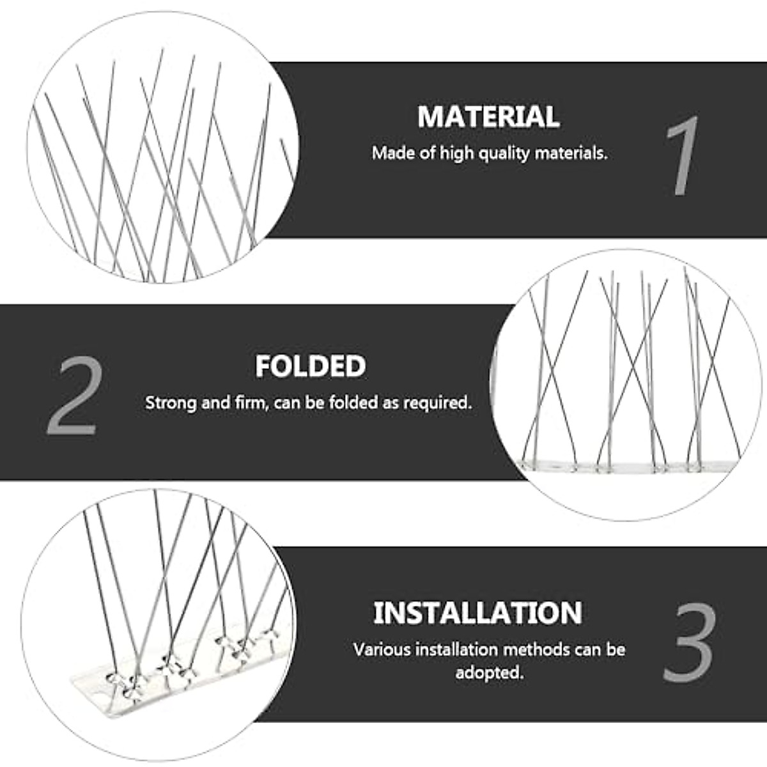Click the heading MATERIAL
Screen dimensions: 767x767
coord(488,116)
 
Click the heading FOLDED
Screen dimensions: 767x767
coord(311,367)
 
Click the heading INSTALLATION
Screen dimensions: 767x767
coord(477,613)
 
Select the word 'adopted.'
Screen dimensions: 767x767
coord(489,673)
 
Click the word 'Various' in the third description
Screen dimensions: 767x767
coord(382,650)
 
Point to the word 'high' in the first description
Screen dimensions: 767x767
coord(454,154)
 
